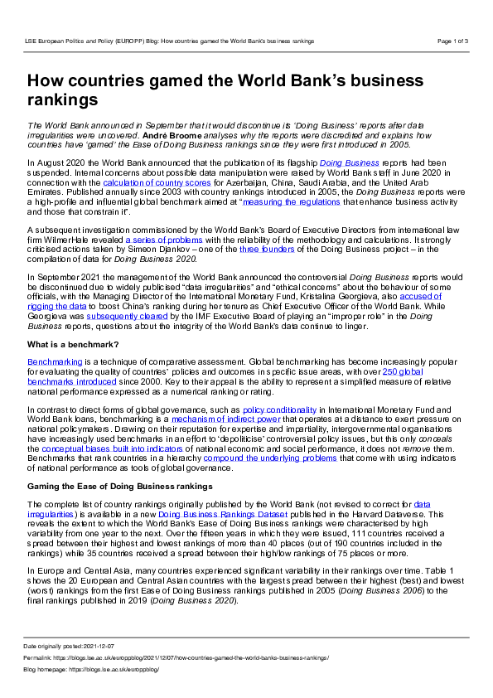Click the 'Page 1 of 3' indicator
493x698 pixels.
pos(452,40)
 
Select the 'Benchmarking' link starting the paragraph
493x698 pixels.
pos(55,362)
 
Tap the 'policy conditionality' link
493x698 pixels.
pos(280,410)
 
